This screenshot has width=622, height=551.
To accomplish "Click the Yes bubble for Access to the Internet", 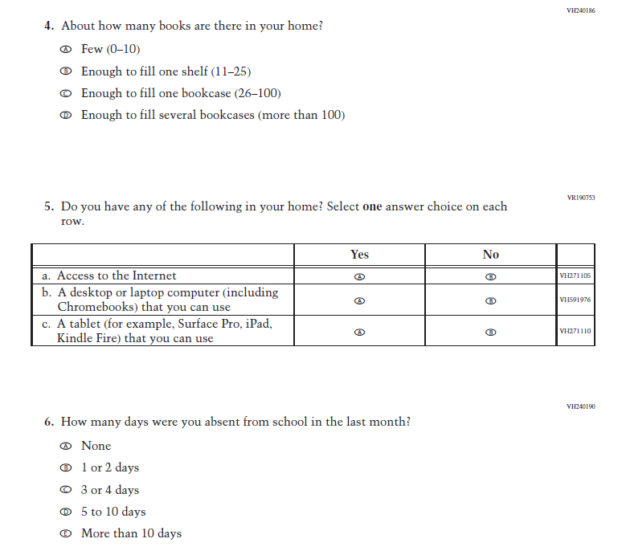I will [x=360, y=276].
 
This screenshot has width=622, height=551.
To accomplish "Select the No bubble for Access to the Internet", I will [x=491, y=276].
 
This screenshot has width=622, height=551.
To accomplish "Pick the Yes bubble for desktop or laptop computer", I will [x=360, y=300].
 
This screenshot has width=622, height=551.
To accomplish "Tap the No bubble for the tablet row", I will [x=491, y=332].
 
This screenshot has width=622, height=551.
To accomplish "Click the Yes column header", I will [x=360, y=255].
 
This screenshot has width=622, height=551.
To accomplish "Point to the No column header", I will [x=491, y=255].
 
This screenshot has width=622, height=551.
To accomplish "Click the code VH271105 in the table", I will [x=575, y=276].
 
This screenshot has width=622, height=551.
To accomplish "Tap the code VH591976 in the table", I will [x=575, y=300].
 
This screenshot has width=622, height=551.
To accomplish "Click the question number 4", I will [x=49, y=26].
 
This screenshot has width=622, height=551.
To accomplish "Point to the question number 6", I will [x=49, y=422].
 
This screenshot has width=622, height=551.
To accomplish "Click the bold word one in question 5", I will [x=372, y=207].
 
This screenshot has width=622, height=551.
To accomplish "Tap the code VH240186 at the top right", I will [x=580, y=10].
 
